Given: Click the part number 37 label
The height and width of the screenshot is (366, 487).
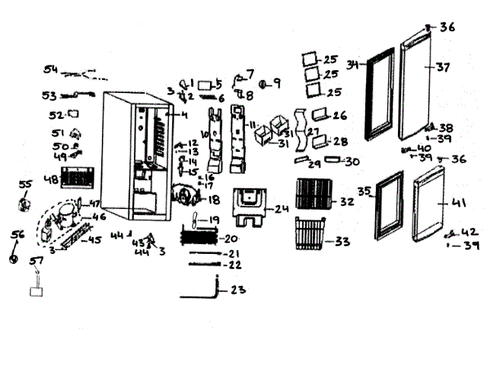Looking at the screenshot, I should tap(444, 67).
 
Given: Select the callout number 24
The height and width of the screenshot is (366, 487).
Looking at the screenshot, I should tap(282, 208).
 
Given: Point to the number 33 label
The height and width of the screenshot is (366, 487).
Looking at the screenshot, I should tap(342, 242).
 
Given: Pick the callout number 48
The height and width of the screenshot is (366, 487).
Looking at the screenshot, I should tap(51, 181).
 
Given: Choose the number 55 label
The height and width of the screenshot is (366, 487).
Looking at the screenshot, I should tap(25, 185).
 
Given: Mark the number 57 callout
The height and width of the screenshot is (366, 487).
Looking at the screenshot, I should tap(35, 262).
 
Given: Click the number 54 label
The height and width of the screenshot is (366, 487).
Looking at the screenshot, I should tap(50, 70).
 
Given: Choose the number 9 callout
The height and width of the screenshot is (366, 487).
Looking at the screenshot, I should tap(275, 83).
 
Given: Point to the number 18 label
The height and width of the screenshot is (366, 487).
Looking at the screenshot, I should tap(213, 200).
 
